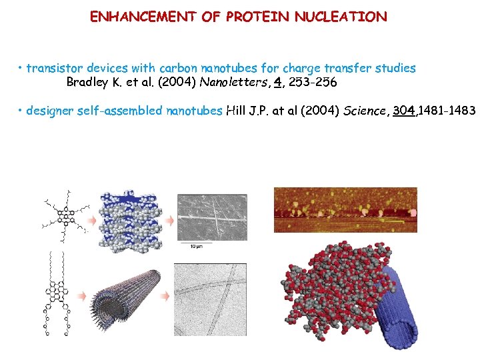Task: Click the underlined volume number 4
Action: tap(277, 83)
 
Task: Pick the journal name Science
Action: tap(365, 111)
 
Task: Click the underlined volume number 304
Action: tap(404, 111)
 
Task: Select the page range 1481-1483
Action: tap(447, 111)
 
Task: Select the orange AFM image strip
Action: tap(345, 209)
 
